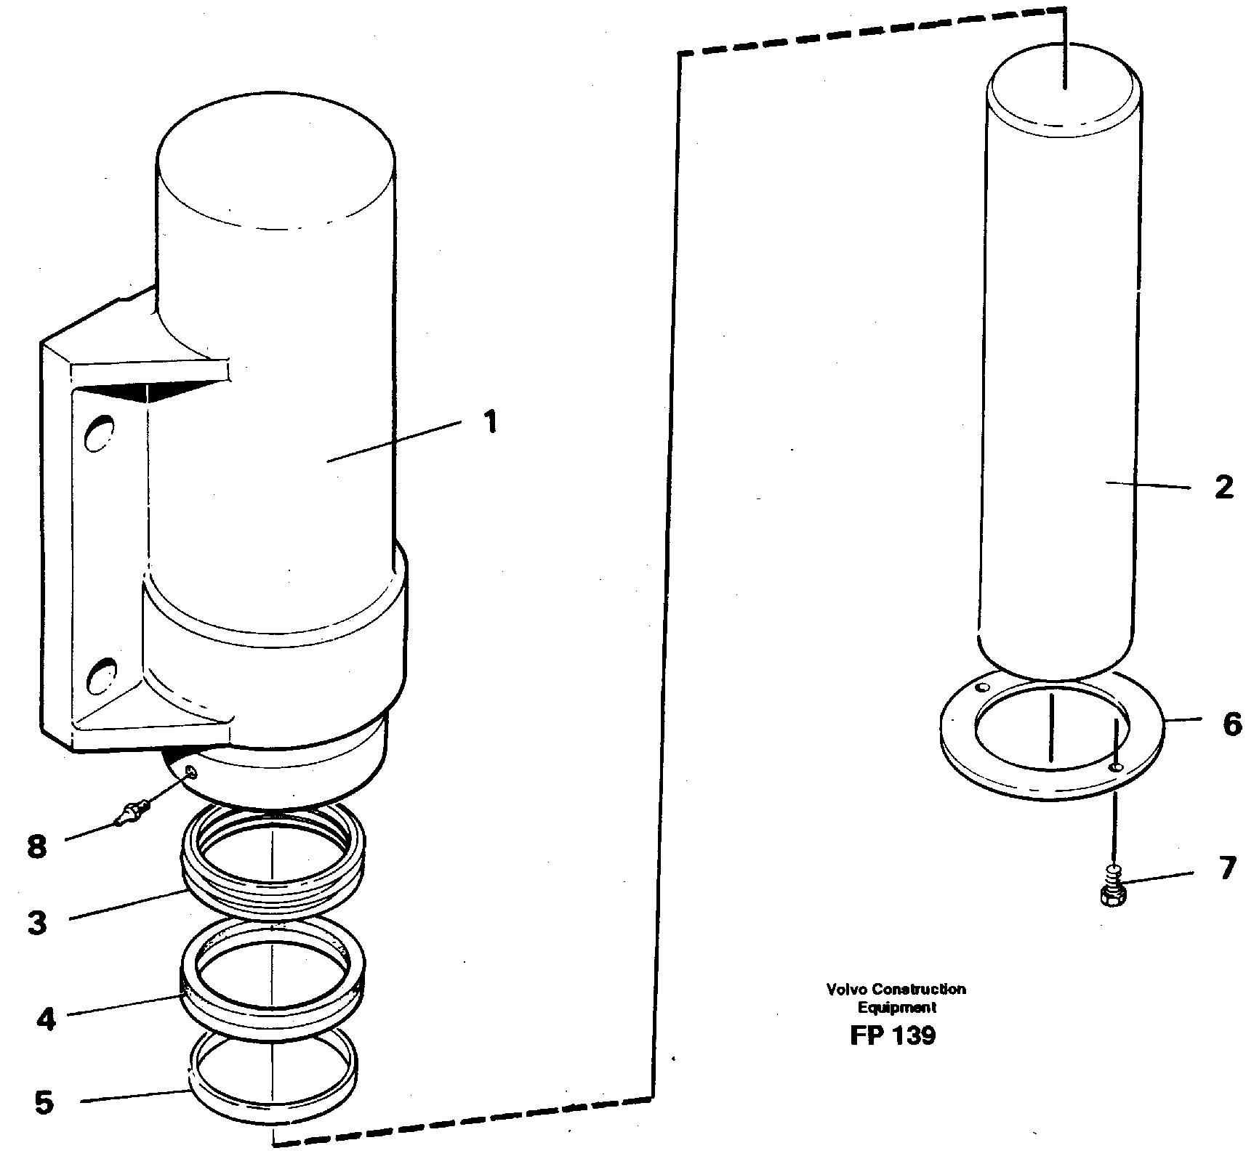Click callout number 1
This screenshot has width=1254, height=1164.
[491, 421]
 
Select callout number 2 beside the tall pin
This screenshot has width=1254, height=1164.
[1224, 488]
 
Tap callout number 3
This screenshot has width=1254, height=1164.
[37, 923]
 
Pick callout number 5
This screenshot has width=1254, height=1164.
[44, 1102]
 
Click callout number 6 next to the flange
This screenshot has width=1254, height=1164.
[1232, 724]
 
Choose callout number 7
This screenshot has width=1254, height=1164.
[1227, 868]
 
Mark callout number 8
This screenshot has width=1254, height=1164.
[37, 846]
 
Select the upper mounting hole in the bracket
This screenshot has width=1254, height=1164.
[100, 434]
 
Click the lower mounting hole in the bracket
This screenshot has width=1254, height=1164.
[100, 673]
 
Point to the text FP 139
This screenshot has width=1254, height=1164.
[892, 1035]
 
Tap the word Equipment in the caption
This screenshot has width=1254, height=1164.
[896, 1008]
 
